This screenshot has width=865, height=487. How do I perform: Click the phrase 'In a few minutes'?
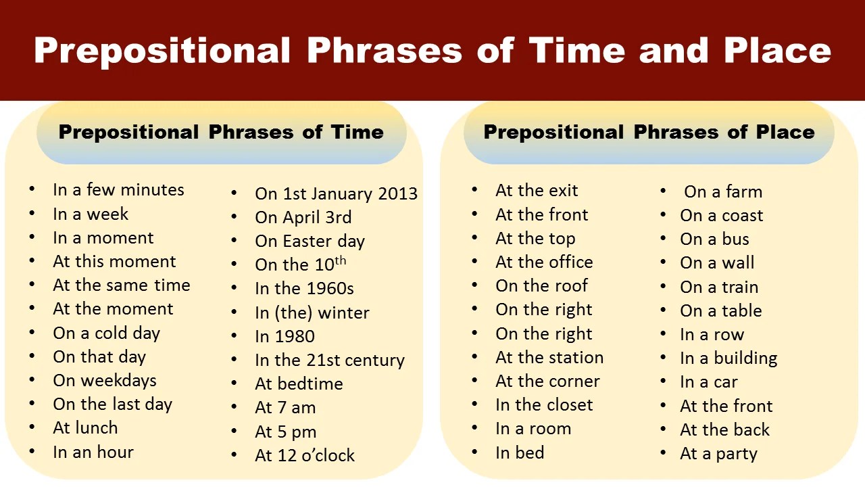(x=118, y=190)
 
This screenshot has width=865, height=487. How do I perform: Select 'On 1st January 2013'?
(x=336, y=193)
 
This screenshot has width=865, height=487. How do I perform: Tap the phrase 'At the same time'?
(x=122, y=285)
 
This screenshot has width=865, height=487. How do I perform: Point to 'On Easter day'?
(x=310, y=241)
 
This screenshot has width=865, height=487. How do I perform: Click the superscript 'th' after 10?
(x=340, y=261)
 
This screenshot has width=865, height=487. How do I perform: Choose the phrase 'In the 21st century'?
(x=330, y=361)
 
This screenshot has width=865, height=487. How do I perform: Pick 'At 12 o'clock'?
(x=305, y=455)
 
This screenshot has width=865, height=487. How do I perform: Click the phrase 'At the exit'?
(x=537, y=191)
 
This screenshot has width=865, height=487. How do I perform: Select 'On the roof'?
(x=541, y=286)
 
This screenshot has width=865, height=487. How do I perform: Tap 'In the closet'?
(x=544, y=405)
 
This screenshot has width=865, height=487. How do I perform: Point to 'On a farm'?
(x=723, y=191)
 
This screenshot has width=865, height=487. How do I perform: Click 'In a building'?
(x=728, y=358)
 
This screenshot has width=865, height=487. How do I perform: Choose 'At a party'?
(x=718, y=454)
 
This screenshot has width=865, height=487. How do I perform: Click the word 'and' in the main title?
(x=674, y=51)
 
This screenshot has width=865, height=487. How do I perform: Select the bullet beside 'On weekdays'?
(x=32, y=379)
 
